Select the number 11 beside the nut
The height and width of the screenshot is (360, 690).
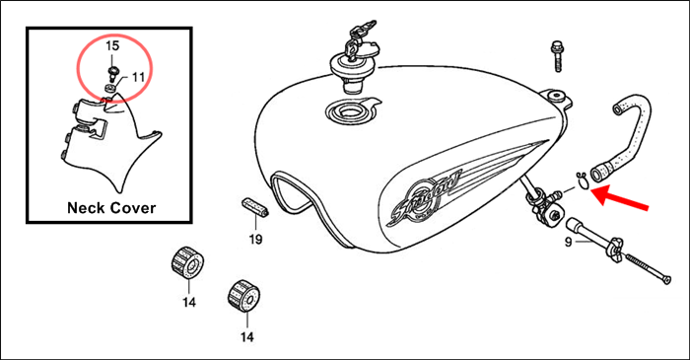[x=138, y=76]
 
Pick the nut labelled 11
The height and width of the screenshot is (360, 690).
[x=111, y=88]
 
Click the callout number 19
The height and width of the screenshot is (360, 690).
[x=255, y=240]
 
